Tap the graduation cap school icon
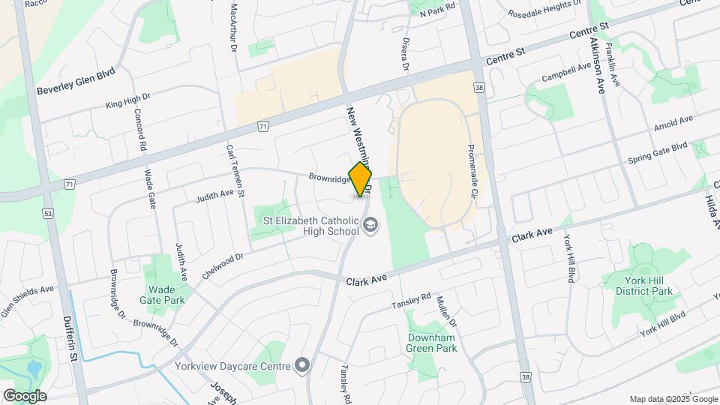370,224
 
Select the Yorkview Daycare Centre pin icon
302,365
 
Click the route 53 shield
49,214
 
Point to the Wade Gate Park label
161,295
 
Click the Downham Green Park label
432,343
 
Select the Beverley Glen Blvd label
76,82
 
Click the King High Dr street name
128,101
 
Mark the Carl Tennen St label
236,171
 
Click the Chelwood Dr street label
223,266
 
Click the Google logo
25,396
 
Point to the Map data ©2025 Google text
672,399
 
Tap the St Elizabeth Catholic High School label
310,226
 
